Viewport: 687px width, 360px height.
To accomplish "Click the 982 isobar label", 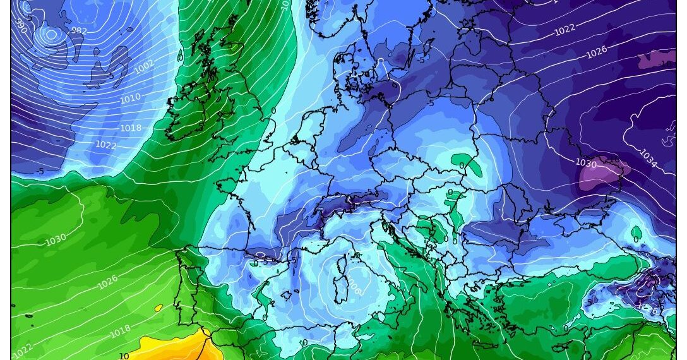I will [x=79, y=30].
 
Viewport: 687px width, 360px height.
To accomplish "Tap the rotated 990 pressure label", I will [x=21, y=25].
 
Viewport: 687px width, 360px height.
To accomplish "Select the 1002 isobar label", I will [x=144, y=67].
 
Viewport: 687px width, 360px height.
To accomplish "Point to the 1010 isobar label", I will [x=130, y=99].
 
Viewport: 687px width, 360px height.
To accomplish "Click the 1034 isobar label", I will [x=648, y=158].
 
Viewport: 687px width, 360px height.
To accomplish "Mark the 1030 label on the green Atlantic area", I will [x=56, y=241].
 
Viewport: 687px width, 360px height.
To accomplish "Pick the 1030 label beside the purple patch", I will [x=586, y=163].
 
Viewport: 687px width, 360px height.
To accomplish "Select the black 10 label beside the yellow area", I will [x=124, y=356].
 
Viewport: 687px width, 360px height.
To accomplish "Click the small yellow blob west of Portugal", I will [x=158, y=309].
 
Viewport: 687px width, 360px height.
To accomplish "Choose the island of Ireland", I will [x=189, y=114].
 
